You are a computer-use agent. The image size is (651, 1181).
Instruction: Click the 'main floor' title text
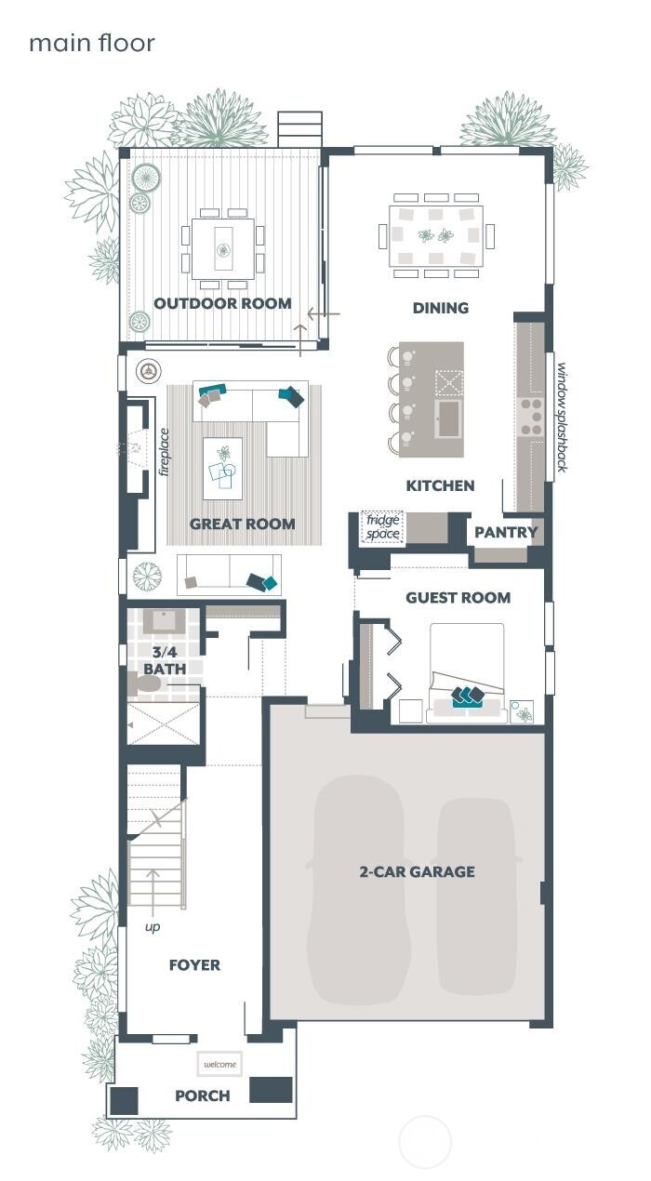(x=91, y=43)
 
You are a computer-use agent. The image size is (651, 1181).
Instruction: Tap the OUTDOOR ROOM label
(x=222, y=303)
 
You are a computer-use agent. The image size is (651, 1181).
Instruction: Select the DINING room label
(x=440, y=308)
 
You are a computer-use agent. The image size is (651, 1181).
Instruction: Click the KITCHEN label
(x=440, y=485)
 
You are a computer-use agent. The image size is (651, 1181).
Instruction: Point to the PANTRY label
(x=506, y=532)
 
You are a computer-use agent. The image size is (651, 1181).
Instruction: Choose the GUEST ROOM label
(x=458, y=598)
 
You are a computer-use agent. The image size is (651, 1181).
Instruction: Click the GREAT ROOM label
(x=242, y=524)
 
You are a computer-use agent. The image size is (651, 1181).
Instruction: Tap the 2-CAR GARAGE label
(x=417, y=871)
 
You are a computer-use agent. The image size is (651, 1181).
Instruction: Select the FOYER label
(x=194, y=964)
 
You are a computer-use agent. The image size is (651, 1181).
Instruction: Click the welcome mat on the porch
(x=219, y=1064)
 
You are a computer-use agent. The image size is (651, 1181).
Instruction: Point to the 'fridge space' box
(x=382, y=526)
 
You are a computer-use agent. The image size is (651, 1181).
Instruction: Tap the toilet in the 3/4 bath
(x=144, y=684)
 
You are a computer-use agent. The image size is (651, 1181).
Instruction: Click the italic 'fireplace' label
(x=164, y=451)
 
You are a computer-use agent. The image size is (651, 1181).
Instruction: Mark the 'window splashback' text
(x=561, y=417)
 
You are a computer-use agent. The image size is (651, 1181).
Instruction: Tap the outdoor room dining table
(x=222, y=248)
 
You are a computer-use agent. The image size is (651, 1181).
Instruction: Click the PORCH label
(x=202, y=1095)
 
